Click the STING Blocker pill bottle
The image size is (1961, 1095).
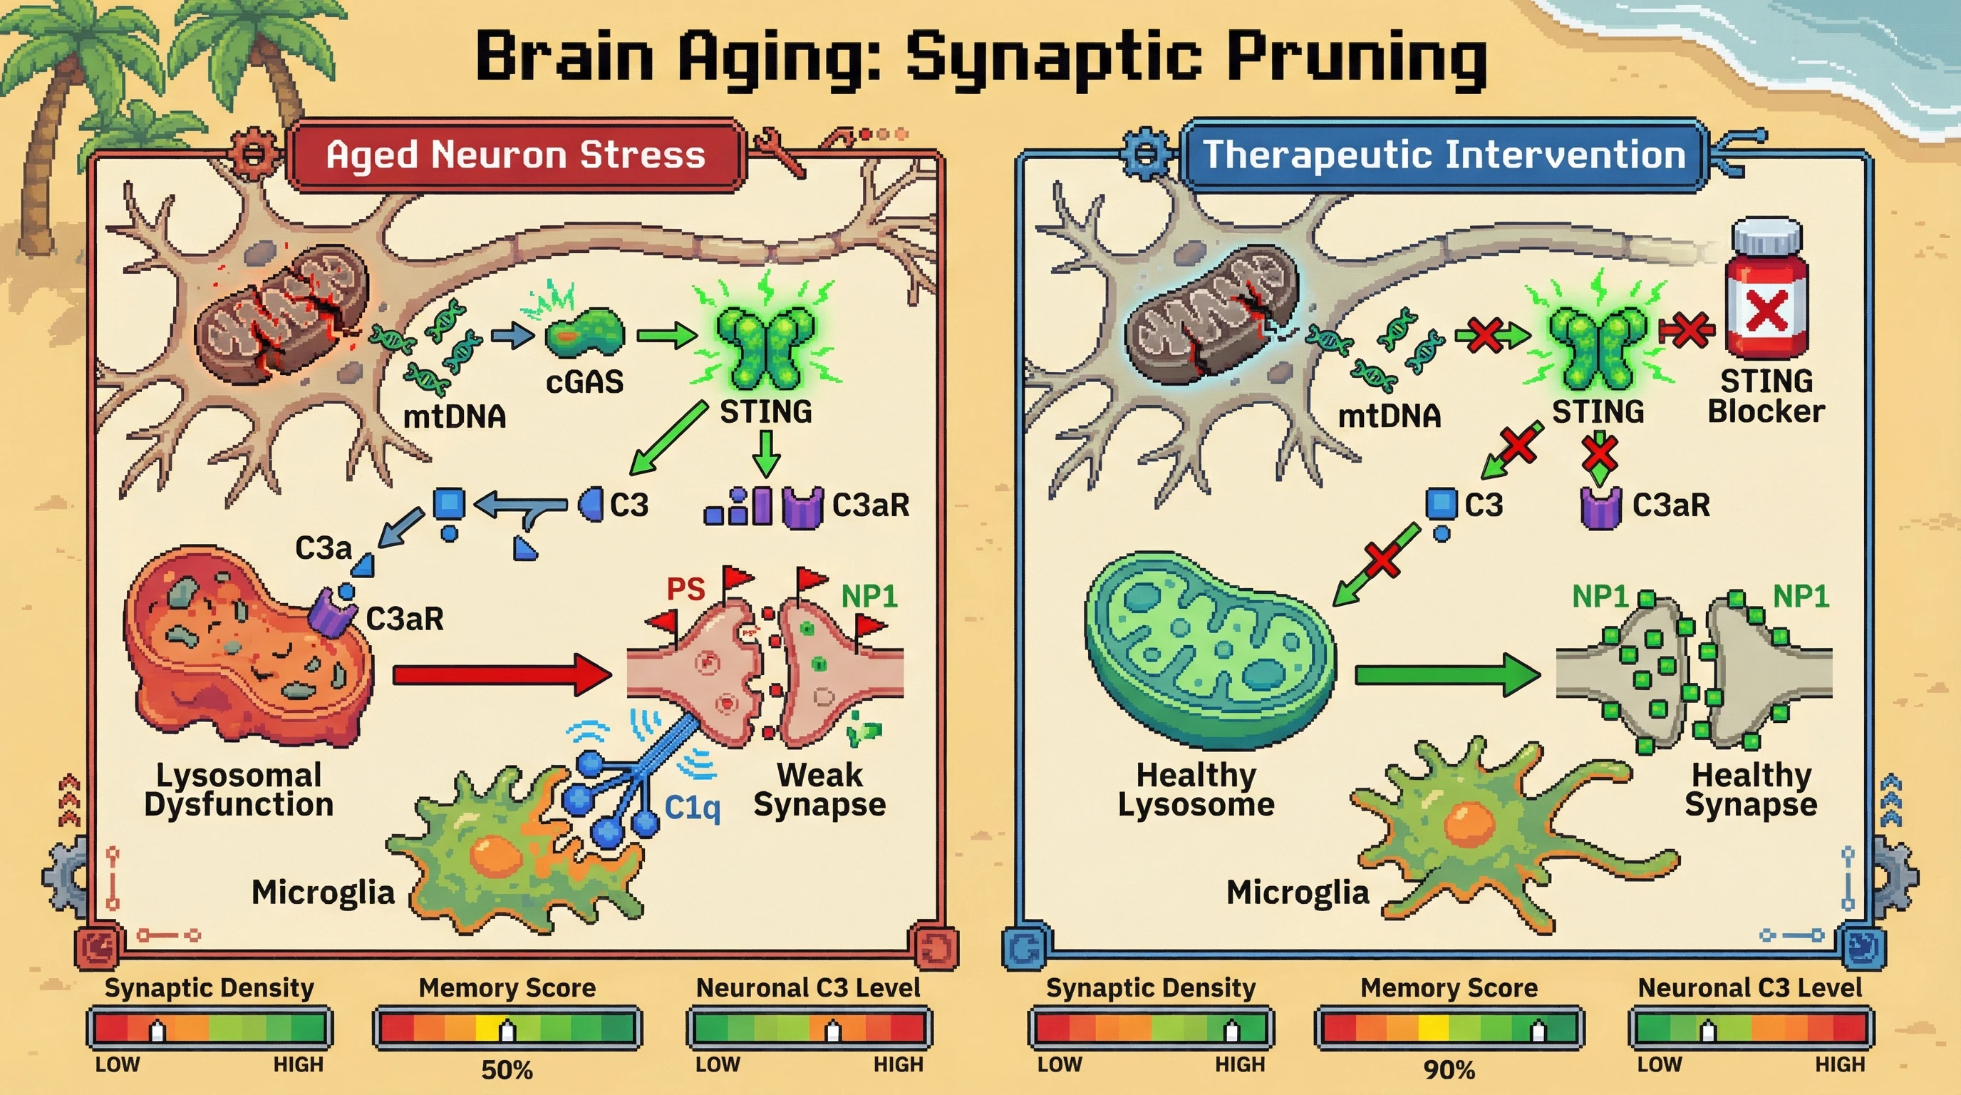pyautogui.click(x=1766, y=293)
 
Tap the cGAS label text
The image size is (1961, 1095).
pyautogui.click(x=584, y=381)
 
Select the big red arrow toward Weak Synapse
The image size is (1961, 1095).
pyautogui.click(x=502, y=674)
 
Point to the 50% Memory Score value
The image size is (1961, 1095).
pyautogui.click(x=507, y=1070)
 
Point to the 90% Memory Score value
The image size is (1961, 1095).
pyautogui.click(x=1449, y=1070)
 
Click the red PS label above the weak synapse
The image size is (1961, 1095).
pyautogui.click(x=685, y=589)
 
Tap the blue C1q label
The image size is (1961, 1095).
pyautogui.click(x=691, y=807)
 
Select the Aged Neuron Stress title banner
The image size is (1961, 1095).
pyautogui.click(x=515, y=155)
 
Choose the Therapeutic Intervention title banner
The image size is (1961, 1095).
pyautogui.click(x=1444, y=155)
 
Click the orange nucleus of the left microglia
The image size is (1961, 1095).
pyautogui.click(x=495, y=856)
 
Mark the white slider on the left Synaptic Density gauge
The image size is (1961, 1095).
pyautogui.click(x=157, y=1031)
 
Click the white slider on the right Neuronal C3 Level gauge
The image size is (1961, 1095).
pyautogui.click(x=1708, y=1031)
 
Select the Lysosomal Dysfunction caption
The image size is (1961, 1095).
pyautogui.click(x=239, y=790)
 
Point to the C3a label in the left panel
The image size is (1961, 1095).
pyautogui.click(x=324, y=547)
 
